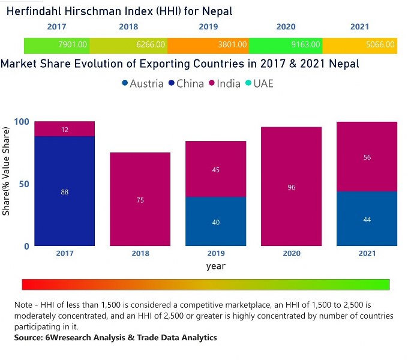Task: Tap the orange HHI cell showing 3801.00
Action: (x=208, y=44)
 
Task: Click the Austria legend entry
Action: (x=142, y=83)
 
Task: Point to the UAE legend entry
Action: (x=259, y=83)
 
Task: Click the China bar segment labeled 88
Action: (x=64, y=191)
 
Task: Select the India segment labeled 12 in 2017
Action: (x=64, y=129)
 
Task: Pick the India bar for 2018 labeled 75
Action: (x=140, y=199)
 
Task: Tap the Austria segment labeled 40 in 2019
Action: (x=215, y=221)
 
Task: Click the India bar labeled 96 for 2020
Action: (x=291, y=187)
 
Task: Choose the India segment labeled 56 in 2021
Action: (x=367, y=157)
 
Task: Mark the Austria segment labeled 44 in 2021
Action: (x=367, y=219)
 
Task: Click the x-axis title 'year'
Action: (x=215, y=266)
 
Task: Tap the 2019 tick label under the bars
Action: (x=215, y=254)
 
